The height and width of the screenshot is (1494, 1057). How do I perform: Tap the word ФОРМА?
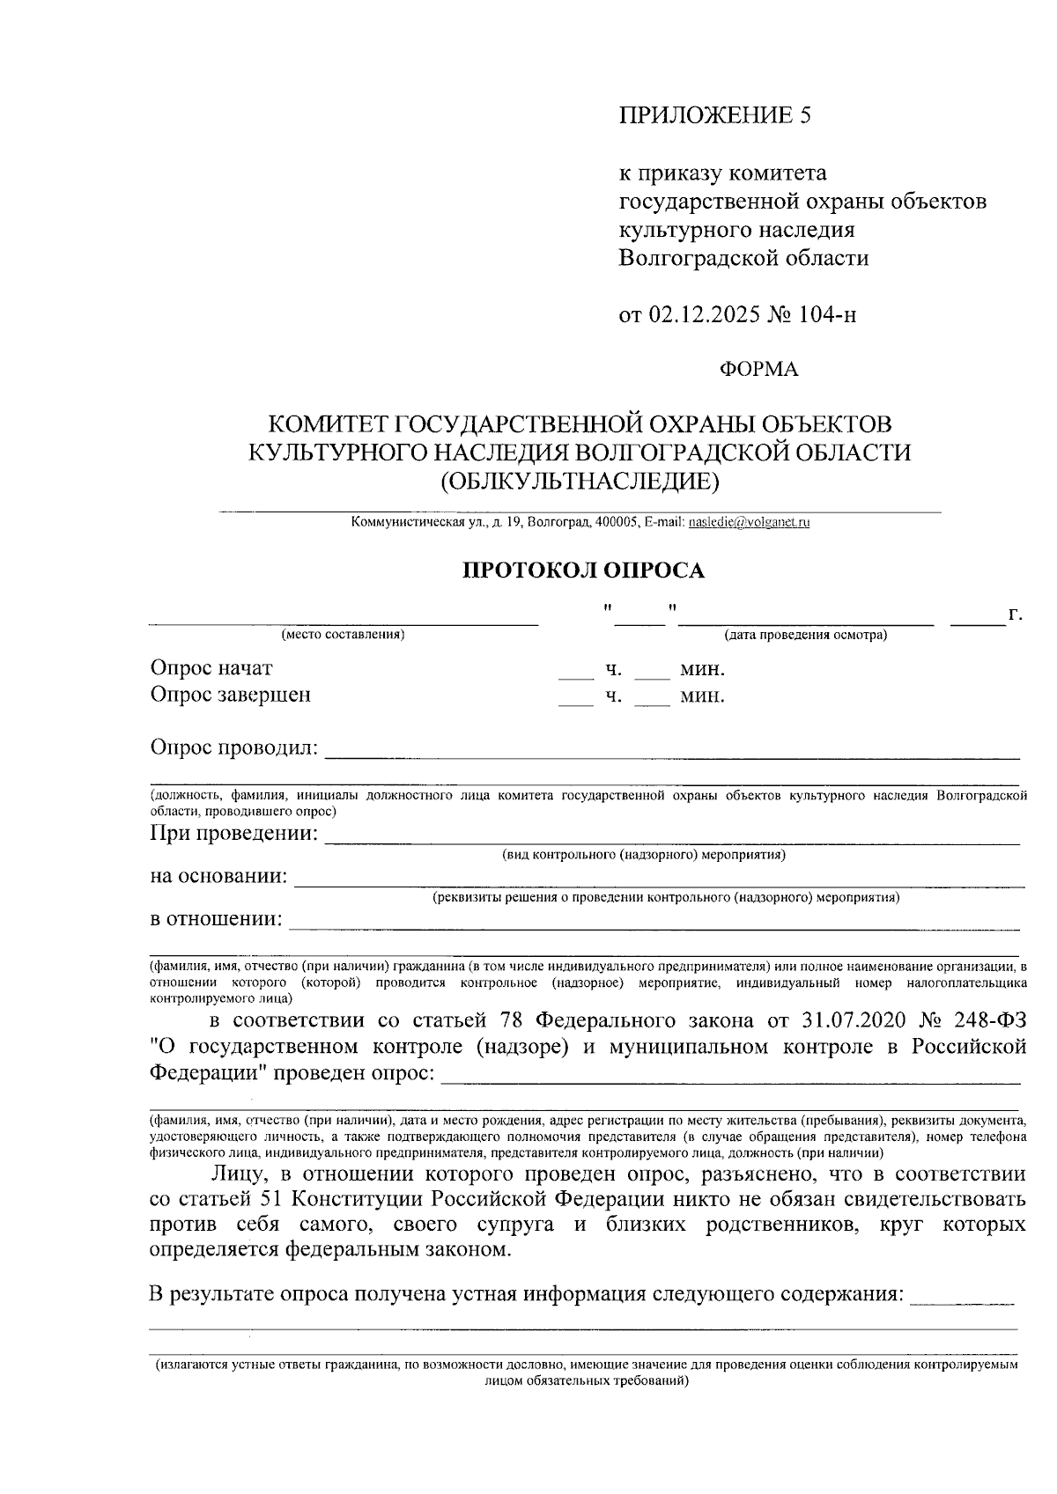pos(759,370)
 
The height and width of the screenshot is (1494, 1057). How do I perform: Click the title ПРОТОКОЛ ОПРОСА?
pos(585,570)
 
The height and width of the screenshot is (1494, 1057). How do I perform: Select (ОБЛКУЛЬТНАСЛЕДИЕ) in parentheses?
pos(580,482)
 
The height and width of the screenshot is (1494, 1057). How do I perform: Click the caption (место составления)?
pos(343,635)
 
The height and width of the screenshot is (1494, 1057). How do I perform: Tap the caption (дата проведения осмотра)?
pos(805,635)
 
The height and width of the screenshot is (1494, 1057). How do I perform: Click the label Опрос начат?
pos(211,668)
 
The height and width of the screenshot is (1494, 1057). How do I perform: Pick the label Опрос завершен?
pos(230,695)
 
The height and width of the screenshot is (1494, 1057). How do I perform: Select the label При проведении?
pos(234,832)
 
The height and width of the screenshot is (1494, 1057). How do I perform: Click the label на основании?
pos(218,876)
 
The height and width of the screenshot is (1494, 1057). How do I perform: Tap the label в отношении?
pos(217,919)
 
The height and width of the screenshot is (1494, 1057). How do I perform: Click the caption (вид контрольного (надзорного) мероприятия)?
pos(644,855)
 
